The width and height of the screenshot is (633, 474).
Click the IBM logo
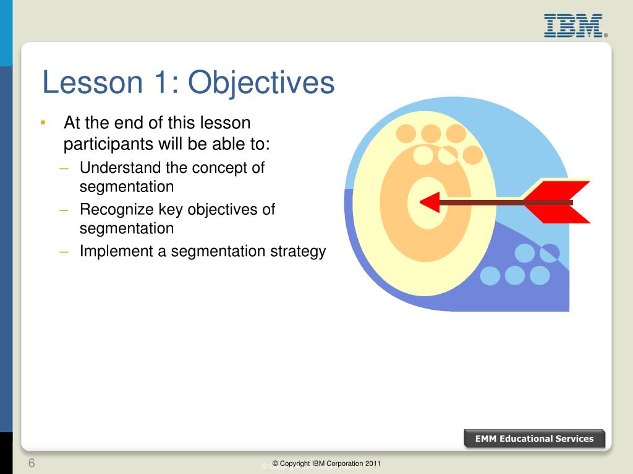tap(575, 26)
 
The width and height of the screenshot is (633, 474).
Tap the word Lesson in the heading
tap(93, 83)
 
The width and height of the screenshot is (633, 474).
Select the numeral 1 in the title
tap(161, 82)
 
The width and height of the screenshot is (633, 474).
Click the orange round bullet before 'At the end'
tap(43, 122)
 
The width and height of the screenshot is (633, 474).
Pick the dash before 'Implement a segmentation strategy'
tap(64, 252)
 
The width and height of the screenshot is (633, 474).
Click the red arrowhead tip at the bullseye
tap(420, 202)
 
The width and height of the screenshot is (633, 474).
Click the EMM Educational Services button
tap(534, 439)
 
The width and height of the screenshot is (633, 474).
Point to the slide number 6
tap(32, 463)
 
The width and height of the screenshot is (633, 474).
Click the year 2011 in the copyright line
tap(373, 464)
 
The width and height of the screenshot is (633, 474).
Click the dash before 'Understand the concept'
tap(64, 168)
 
